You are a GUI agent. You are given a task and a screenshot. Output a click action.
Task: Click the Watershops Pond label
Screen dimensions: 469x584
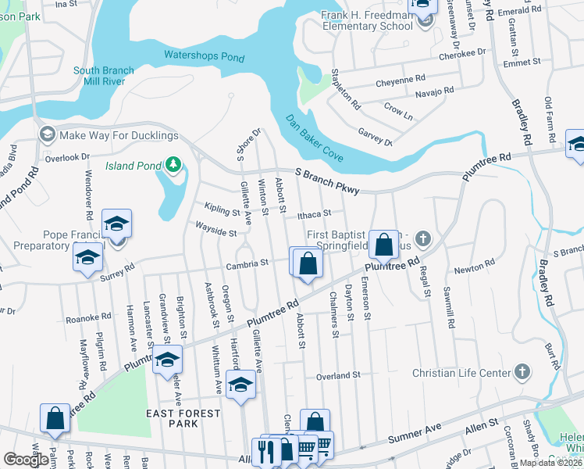pyautogui.click(x=204, y=56)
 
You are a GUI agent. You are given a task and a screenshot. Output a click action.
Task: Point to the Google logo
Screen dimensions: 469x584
pyautogui.click(x=27, y=460)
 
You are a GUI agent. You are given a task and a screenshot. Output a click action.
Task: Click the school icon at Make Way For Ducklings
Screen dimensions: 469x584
pyautogui.click(x=47, y=134)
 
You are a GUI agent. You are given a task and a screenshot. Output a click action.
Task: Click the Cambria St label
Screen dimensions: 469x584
pyautogui.click(x=247, y=264)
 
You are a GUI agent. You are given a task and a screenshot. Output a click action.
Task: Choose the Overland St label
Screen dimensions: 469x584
pyautogui.click(x=337, y=375)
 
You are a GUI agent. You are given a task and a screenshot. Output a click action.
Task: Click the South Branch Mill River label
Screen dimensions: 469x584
pyautogui.click(x=104, y=77)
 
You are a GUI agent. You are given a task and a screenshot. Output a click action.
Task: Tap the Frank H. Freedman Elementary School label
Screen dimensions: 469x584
pyautogui.click(x=367, y=20)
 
